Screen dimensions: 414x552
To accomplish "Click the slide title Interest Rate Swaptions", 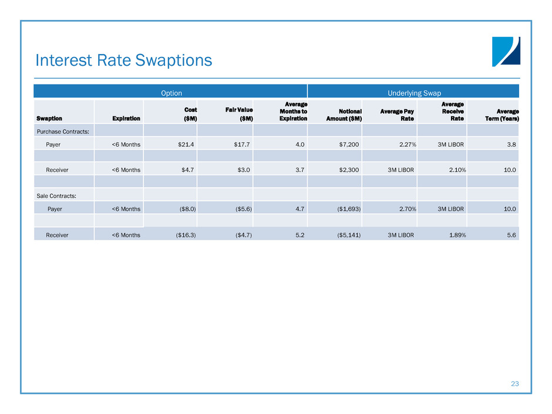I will [x=124, y=60].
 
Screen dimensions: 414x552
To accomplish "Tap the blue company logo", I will [x=506, y=52].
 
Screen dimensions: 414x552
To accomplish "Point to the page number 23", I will [x=515, y=383].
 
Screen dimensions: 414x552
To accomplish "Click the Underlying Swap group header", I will [x=414, y=93].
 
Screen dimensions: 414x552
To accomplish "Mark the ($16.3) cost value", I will [x=186, y=235].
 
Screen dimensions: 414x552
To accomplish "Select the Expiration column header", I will [x=126, y=118].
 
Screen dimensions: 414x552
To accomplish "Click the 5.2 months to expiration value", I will [x=299, y=235].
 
